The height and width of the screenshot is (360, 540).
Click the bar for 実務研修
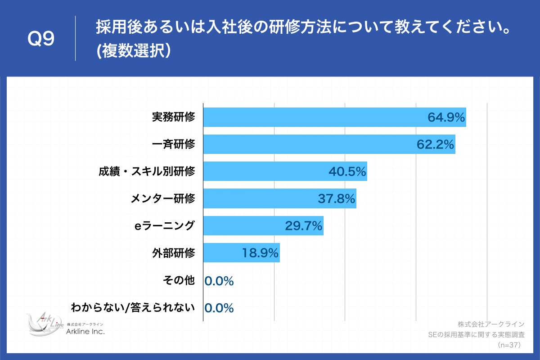(x=334, y=117)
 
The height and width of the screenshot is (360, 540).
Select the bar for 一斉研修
(x=328, y=144)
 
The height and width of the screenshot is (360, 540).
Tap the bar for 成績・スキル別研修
(x=285, y=172)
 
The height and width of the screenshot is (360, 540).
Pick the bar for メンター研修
(x=279, y=198)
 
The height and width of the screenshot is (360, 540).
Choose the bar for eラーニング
(x=263, y=226)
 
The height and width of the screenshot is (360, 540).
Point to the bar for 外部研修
(x=241, y=253)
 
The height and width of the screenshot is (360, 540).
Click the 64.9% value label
(x=445, y=117)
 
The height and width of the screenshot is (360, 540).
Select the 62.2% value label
(x=435, y=144)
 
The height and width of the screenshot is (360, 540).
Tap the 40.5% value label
(x=347, y=172)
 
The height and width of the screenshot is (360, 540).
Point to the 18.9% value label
(x=260, y=253)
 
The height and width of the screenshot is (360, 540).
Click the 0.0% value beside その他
(x=219, y=281)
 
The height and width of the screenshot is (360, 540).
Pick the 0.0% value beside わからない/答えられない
(x=219, y=308)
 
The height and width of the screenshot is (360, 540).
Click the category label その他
(x=179, y=280)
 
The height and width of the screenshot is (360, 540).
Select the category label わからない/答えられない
(x=133, y=308)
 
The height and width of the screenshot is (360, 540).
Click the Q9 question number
(x=41, y=39)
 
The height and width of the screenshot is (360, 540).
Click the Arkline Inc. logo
(x=65, y=325)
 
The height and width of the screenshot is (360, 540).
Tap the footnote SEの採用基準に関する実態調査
(x=477, y=335)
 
